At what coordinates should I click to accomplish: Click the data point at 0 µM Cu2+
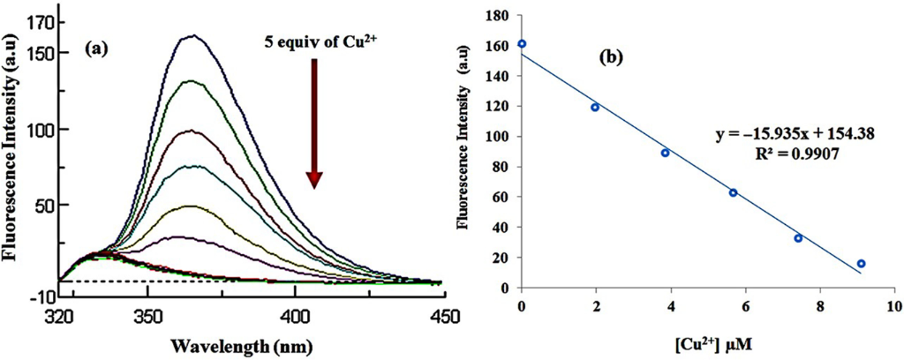coord(522,43)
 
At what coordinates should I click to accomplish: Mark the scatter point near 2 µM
coord(595,108)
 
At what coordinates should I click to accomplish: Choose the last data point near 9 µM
coord(861,264)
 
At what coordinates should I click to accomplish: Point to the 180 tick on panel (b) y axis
coord(501,15)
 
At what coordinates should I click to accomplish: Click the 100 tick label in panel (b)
coord(501,137)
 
